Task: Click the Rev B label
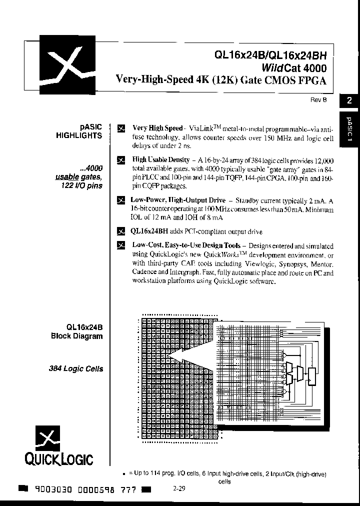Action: [x=318, y=99]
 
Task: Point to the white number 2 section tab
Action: [x=349, y=100]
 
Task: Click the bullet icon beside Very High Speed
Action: [x=120, y=128]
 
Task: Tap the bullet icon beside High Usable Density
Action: [x=120, y=160]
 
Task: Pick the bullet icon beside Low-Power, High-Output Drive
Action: [x=120, y=200]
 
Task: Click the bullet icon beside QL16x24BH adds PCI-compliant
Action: [x=120, y=231]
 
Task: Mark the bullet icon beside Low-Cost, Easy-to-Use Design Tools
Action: [x=120, y=245]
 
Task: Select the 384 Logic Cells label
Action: [x=76, y=369]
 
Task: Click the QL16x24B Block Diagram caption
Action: [x=77, y=331]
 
